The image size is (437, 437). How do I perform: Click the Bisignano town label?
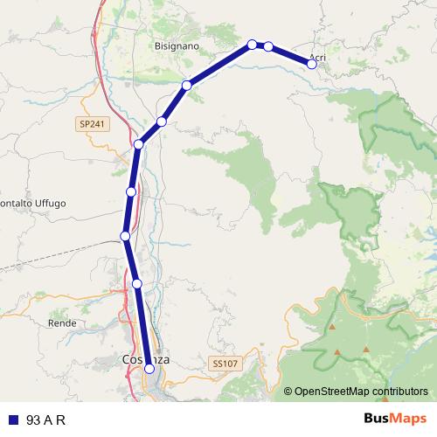(177, 45)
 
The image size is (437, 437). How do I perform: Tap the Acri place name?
(317, 58)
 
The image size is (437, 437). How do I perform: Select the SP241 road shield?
(90, 125)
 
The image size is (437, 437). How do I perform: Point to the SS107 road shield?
(224, 362)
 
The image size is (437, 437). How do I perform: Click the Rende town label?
(62, 323)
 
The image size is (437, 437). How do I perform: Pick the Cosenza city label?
(146, 359)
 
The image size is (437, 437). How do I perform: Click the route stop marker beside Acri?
(311, 63)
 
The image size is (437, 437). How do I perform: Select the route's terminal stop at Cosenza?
(149, 369)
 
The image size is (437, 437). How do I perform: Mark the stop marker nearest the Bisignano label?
(252, 44)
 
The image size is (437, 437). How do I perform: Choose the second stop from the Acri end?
(268, 46)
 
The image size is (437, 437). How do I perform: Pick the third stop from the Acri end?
(252, 44)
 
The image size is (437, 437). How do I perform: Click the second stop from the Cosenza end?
(137, 283)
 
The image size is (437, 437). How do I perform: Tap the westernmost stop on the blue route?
(125, 236)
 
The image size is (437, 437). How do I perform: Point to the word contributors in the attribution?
(401, 392)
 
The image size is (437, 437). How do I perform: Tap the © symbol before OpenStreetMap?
(288, 392)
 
